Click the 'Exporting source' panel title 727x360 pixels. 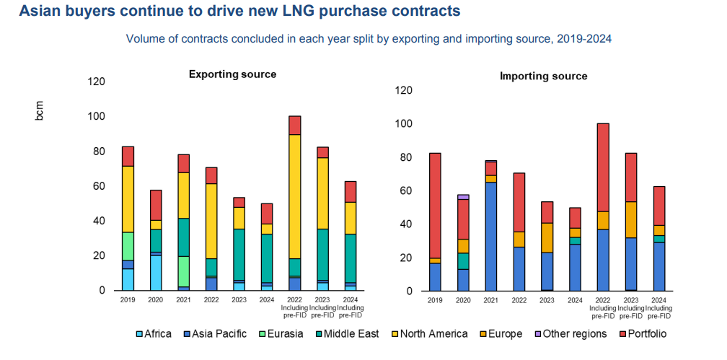pos(232,74)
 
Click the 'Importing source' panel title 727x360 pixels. pos(543,76)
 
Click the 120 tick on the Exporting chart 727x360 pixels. pos(96,82)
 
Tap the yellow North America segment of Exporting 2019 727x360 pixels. pos(128,199)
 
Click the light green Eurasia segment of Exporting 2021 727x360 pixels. pos(184,271)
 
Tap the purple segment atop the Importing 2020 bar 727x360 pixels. pos(462,197)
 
